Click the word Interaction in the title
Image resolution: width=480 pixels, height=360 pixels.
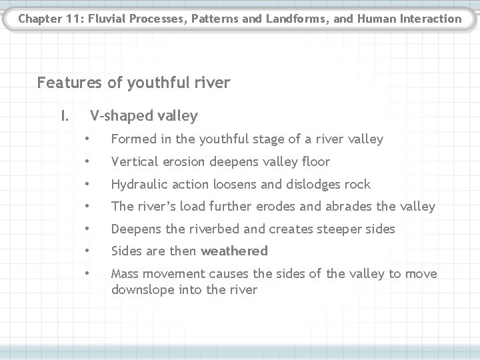(x=428, y=18)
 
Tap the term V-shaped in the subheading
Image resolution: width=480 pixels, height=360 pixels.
(x=117, y=117)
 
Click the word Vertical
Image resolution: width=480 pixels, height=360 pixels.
(x=134, y=162)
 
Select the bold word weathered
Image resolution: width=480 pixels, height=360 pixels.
(x=234, y=251)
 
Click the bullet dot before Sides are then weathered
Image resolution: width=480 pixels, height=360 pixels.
(x=87, y=251)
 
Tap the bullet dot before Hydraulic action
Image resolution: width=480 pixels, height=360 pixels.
(x=87, y=184)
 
